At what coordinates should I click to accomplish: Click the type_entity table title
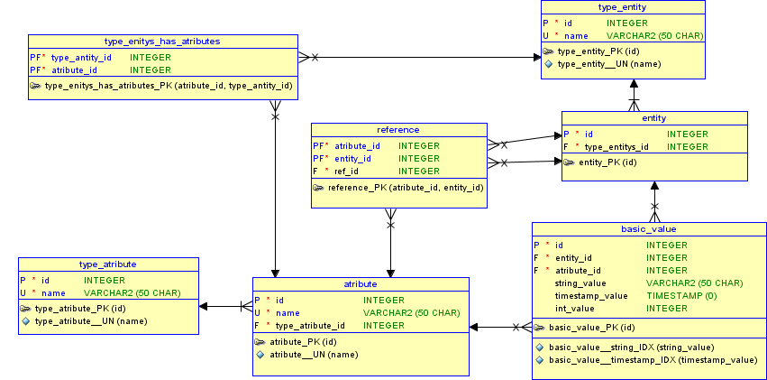coord(621,6)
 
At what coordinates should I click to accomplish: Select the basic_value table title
coord(649,229)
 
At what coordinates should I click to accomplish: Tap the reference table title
coord(397,130)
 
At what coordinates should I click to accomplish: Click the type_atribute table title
coord(108,264)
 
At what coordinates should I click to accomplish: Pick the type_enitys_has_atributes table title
coord(162,42)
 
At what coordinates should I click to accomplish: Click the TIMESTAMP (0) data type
coord(681,296)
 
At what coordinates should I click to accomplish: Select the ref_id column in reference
coord(347,171)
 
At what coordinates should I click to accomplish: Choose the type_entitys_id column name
coord(616,146)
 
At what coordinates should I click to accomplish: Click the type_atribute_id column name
coord(310,326)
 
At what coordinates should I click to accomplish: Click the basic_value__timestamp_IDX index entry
coord(653,360)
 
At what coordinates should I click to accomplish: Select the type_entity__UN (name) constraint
coord(608,64)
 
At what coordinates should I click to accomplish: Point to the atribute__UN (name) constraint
coord(313,355)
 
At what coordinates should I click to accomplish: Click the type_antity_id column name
coord(81,57)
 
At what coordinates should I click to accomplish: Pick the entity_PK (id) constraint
coord(607,162)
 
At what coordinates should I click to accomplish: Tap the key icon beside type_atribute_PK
coord(26,309)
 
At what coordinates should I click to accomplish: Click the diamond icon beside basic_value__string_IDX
coord(540,348)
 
